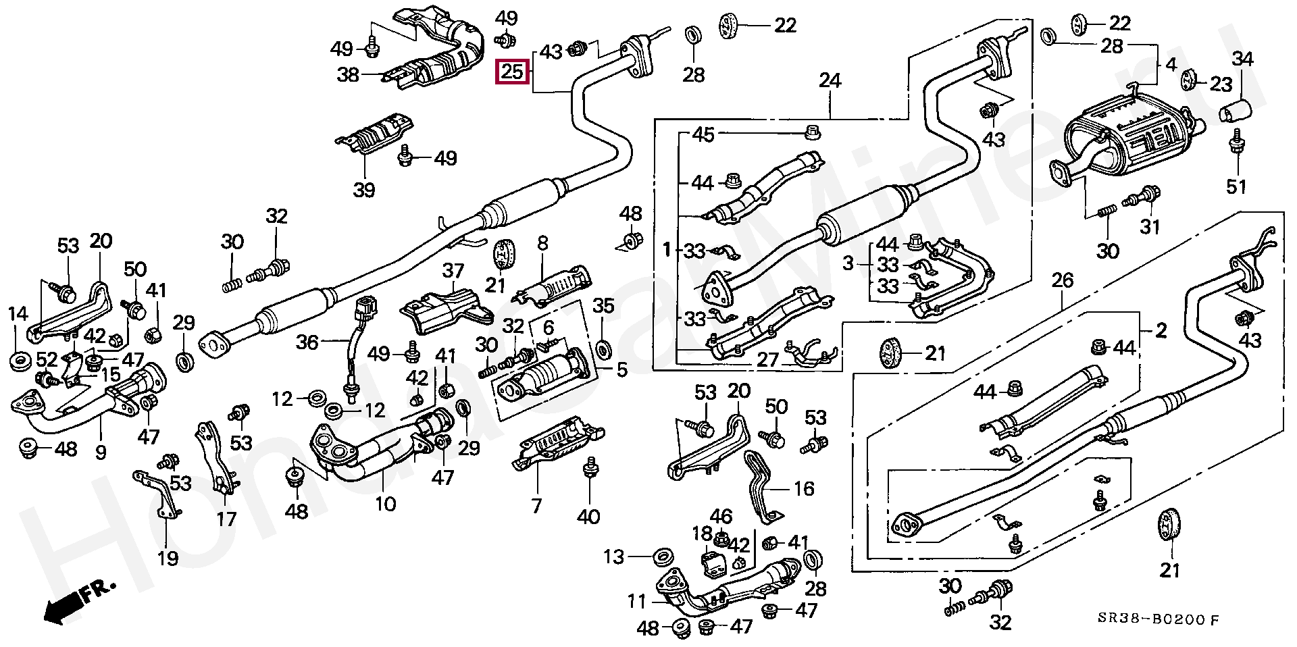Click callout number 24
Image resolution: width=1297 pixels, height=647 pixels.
point(830,81)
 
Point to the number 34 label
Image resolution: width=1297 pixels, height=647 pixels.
point(1242,59)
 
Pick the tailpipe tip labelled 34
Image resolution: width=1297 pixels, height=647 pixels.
point(1236,111)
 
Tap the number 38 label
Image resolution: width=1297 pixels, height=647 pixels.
point(348,74)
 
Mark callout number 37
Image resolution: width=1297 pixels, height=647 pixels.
point(453,271)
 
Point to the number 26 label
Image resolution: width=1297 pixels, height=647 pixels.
point(1063,280)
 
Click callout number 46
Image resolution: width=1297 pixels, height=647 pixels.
point(721,517)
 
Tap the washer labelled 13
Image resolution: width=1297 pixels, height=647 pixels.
point(663,558)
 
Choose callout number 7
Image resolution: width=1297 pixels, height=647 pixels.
point(537,505)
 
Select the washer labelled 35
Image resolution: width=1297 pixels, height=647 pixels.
point(603,348)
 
